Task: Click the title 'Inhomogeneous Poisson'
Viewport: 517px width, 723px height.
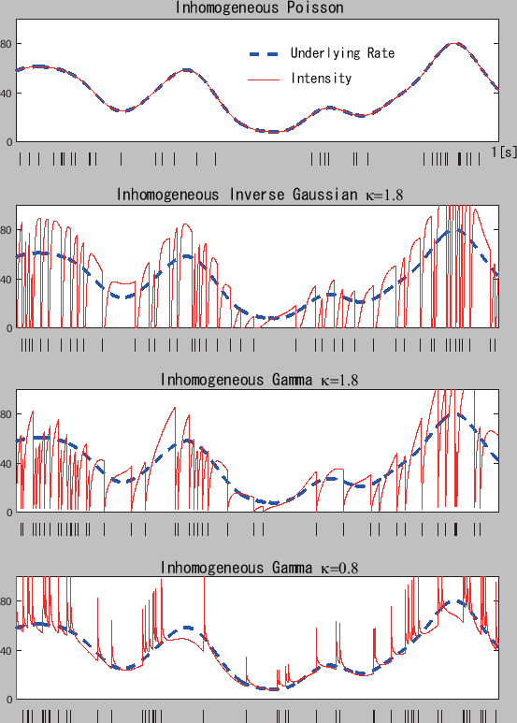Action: (x=259, y=8)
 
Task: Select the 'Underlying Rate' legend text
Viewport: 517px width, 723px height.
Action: (x=342, y=53)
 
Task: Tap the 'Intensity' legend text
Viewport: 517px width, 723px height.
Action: (x=321, y=79)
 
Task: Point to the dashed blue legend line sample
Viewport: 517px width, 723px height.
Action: (x=265, y=53)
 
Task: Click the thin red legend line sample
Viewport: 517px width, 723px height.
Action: (x=265, y=80)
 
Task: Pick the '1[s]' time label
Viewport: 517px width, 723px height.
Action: (x=504, y=152)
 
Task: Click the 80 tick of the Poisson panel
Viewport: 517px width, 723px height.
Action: (x=7, y=44)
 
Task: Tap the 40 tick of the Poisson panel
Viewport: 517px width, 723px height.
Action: (x=7, y=93)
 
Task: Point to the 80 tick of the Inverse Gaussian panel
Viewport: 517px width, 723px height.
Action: (x=7, y=230)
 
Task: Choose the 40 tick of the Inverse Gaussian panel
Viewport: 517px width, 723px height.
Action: (x=7, y=279)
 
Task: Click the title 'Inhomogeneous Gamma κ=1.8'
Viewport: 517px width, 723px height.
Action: (x=259, y=380)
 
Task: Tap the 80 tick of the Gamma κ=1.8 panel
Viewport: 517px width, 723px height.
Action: (x=7, y=414)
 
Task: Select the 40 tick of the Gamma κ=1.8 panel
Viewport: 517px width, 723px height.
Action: (x=7, y=464)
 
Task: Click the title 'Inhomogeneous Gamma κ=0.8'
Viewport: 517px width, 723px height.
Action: (x=259, y=568)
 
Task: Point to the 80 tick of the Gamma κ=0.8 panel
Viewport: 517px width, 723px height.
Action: (x=7, y=601)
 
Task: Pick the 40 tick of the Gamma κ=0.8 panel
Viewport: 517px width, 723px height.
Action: (x=7, y=650)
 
